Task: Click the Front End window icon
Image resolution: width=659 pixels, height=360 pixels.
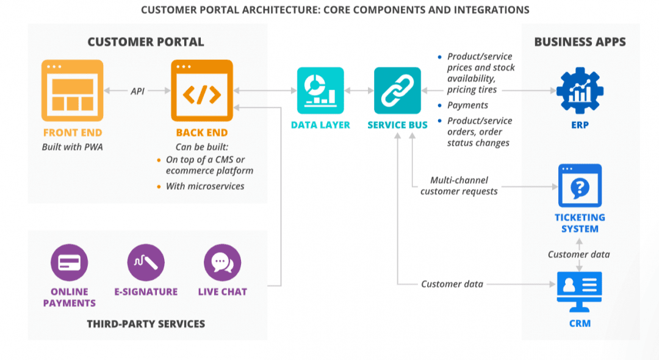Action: [72, 90]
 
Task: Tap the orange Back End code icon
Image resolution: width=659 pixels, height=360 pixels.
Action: [202, 90]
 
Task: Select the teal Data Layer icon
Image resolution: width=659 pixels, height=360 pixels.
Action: [320, 90]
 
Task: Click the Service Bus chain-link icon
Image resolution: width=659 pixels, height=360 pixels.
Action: [397, 90]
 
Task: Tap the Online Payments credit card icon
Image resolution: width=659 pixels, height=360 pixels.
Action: [69, 263]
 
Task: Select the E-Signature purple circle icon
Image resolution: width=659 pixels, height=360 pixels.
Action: [146, 263]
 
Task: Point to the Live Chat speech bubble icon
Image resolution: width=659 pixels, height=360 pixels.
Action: [222, 263]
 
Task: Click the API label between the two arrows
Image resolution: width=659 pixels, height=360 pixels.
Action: [137, 91]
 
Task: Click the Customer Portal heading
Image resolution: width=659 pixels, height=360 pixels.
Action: [145, 42]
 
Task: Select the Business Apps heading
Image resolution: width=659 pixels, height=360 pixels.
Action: [580, 42]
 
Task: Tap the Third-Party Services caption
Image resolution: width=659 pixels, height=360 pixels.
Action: [146, 323]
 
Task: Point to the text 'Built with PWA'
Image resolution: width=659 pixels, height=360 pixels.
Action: [72, 147]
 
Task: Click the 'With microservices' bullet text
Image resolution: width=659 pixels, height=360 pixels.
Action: [205, 186]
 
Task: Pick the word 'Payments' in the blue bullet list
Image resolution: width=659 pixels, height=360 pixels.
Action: [467, 105]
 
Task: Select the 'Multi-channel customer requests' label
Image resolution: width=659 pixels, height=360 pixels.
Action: [459, 185]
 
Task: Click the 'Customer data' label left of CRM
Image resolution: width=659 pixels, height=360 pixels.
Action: [452, 284]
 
